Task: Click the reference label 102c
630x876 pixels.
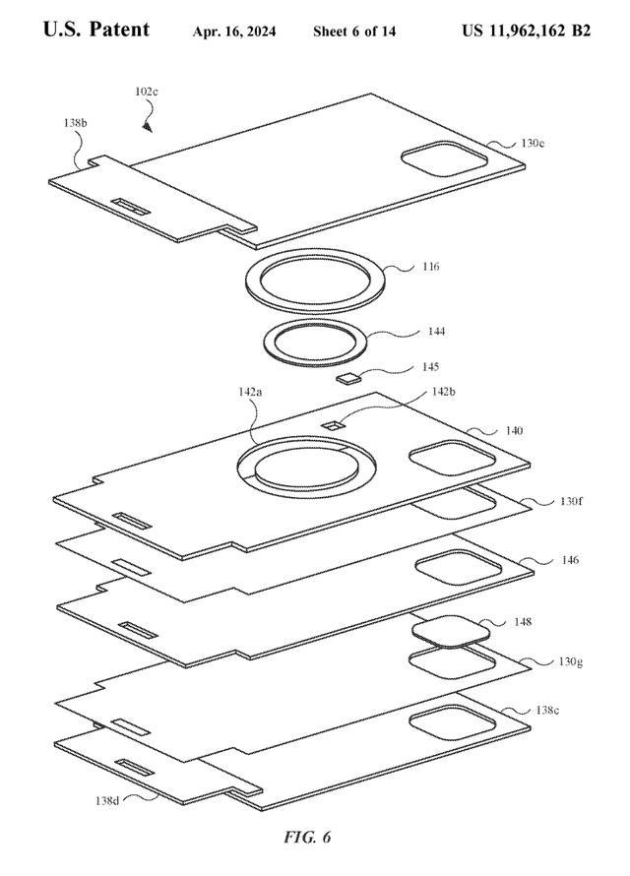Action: (x=147, y=92)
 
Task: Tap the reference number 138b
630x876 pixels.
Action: (x=75, y=123)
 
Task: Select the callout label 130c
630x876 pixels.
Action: (x=533, y=143)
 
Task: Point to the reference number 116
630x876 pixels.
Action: (x=430, y=267)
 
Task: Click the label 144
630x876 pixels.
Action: (x=436, y=332)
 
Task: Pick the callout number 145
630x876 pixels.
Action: (x=430, y=366)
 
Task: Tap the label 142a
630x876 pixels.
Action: (x=250, y=392)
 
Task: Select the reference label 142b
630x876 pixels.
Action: (x=443, y=392)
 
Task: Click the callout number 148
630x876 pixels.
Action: (x=522, y=622)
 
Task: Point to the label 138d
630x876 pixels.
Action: (x=107, y=800)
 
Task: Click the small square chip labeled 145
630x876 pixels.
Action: (x=348, y=379)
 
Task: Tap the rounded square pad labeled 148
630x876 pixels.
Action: (x=451, y=631)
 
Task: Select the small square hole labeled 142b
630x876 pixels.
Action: (x=334, y=426)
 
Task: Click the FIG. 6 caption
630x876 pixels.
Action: (x=307, y=837)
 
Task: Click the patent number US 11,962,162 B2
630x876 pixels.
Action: (x=526, y=31)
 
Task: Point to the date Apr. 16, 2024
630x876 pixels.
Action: (x=234, y=31)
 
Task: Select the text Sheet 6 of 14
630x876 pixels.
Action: (x=354, y=31)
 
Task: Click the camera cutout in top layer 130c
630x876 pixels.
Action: (x=445, y=158)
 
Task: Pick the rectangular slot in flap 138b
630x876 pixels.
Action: (x=131, y=206)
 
